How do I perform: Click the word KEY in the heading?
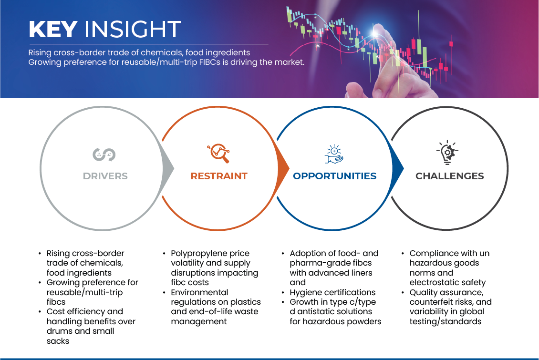coord(52,30)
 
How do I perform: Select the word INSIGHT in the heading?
coord(132,30)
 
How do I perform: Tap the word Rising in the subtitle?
coord(39,52)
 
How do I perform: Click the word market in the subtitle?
coord(290,62)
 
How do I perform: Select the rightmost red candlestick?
coord(451,44)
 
